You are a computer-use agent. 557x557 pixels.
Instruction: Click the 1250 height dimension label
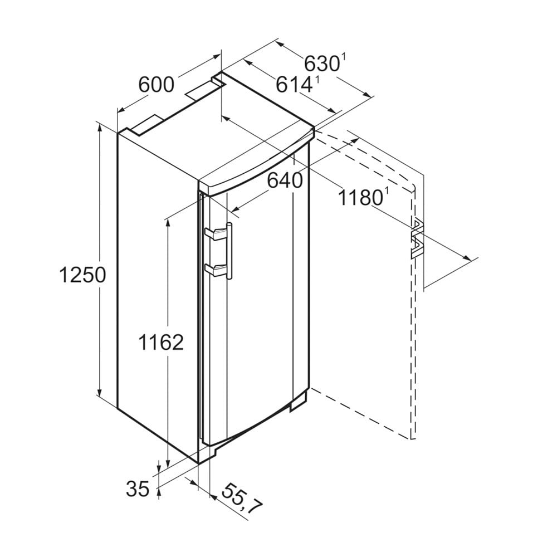(81, 275)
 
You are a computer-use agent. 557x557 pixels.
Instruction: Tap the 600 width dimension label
(157, 85)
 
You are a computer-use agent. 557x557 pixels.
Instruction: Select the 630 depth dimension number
(321, 63)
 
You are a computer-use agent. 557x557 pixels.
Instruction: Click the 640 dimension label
(284, 180)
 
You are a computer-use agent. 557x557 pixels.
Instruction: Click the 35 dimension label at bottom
(138, 488)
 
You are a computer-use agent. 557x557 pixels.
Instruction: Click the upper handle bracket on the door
(215, 233)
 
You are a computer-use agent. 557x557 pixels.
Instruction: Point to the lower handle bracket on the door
(215, 270)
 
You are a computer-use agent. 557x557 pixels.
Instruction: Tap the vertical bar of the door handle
(229, 251)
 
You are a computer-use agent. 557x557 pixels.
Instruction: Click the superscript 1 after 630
(344, 56)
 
